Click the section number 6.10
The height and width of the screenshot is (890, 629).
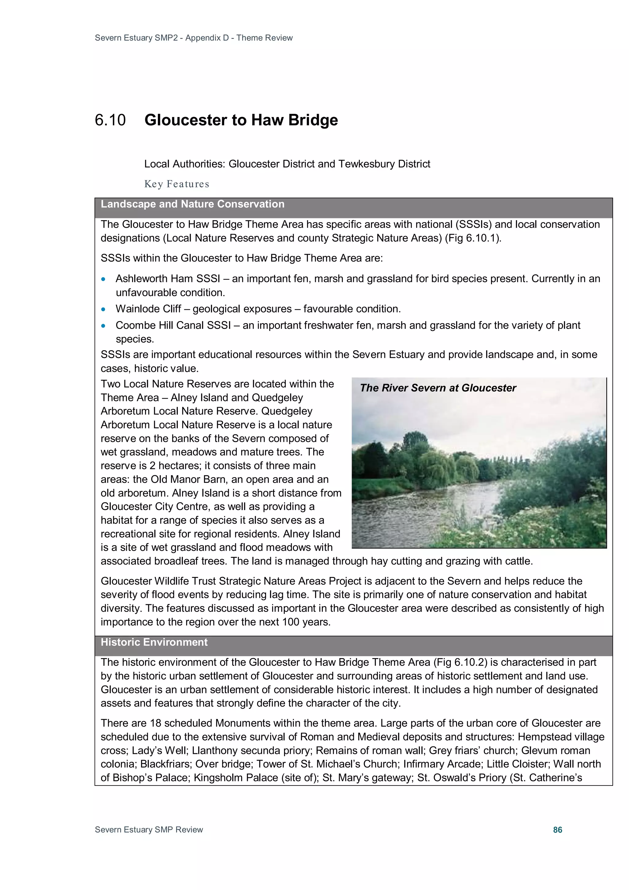(110, 120)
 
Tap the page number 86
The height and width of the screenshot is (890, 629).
(557, 829)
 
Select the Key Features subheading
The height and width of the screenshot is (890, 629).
(177, 184)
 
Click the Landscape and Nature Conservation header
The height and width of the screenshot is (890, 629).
(192, 204)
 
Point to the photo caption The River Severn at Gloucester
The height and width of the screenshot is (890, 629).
(438, 388)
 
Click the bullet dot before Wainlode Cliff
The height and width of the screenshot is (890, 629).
(103, 309)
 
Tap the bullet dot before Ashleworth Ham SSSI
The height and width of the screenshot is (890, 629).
(103, 279)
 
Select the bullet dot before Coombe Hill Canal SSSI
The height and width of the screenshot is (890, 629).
(103, 326)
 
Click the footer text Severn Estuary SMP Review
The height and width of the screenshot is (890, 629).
(149, 829)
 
